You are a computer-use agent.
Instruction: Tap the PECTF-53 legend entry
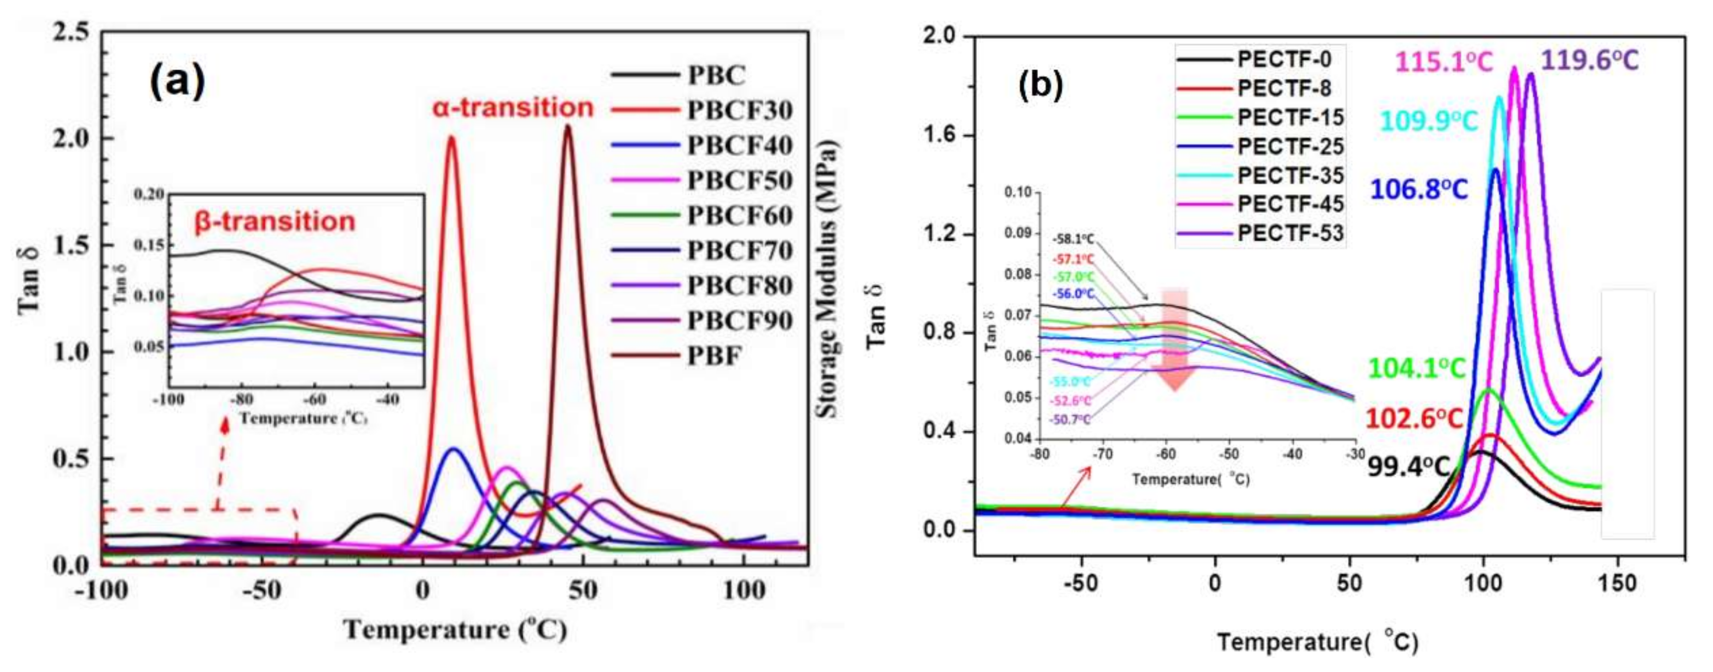tap(1290, 233)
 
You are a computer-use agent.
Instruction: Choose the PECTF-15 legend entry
tap(1290, 118)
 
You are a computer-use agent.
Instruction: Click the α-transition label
tap(513, 108)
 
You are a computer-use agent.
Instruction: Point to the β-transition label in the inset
tap(275, 222)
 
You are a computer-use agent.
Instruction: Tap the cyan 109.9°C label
tap(1428, 121)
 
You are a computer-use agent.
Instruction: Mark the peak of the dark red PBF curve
tap(567, 126)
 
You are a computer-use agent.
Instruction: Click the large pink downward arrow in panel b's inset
tap(1175, 339)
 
